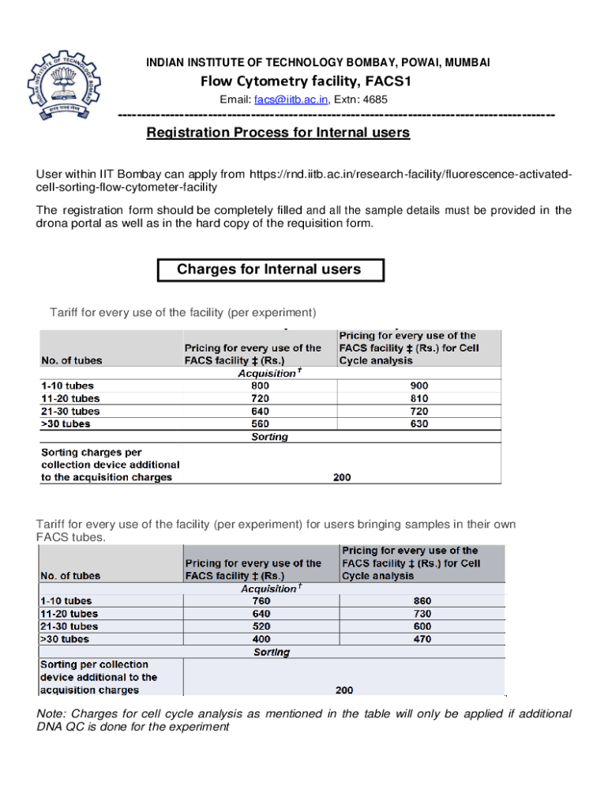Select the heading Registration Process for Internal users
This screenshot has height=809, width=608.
click(278, 133)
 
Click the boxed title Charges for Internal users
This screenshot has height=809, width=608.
click(268, 269)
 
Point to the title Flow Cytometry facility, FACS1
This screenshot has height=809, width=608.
click(306, 81)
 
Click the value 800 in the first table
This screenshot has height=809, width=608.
click(260, 386)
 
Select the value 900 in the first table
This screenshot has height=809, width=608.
click(419, 386)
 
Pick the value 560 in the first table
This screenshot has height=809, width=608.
click(260, 424)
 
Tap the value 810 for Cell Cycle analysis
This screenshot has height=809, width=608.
click(419, 398)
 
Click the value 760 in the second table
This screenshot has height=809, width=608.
click(261, 600)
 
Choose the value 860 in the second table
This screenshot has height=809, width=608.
click(422, 600)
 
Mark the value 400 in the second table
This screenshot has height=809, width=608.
click(261, 639)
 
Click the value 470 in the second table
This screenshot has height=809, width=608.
click(422, 639)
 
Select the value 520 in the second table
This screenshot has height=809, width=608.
click(261, 627)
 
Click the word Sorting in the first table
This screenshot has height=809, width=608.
click(269, 437)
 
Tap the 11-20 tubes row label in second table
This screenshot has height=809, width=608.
click(69, 614)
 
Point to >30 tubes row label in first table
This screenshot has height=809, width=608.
click(66, 424)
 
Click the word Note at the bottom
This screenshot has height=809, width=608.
click(51, 713)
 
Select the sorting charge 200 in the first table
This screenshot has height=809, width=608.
click(341, 477)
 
